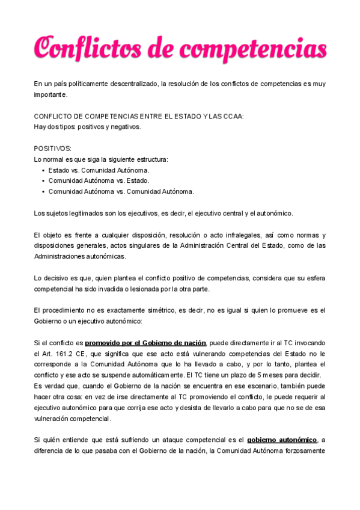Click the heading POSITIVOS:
(53, 148)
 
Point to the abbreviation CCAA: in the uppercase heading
(233, 117)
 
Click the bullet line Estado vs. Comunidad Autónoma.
(99, 170)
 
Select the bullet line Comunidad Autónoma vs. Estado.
(99, 180)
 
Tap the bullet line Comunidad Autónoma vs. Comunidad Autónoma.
(121, 191)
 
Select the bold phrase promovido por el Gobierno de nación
(145, 343)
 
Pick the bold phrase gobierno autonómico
(281, 440)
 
